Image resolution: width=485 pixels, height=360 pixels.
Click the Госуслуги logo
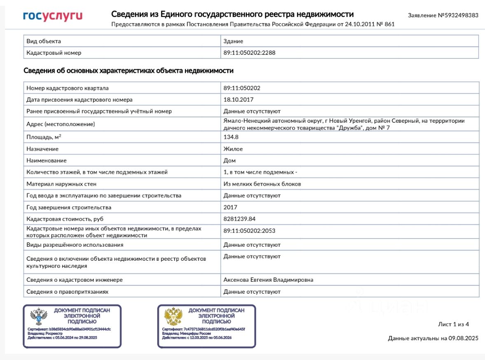(53, 16)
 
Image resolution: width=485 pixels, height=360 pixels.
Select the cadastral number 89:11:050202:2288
(249, 53)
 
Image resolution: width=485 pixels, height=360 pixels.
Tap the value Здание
(233, 41)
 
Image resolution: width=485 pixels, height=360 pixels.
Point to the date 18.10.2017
(238, 100)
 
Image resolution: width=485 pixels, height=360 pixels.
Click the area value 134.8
(231, 137)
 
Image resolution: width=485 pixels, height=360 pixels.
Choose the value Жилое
(233, 149)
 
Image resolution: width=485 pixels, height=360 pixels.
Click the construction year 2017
(230, 207)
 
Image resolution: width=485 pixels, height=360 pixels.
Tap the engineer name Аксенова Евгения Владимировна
(268, 280)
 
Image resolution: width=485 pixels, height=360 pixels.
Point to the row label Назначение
(42, 149)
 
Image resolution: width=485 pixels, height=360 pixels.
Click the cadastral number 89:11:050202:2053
(249, 231)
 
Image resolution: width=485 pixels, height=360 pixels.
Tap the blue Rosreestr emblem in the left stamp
(39, 317)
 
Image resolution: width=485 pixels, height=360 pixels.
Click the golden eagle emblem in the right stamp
(173, 317)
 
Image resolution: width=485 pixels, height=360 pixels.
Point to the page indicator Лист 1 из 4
(453, 324)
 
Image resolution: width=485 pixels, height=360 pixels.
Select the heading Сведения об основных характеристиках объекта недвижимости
(128, 71)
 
